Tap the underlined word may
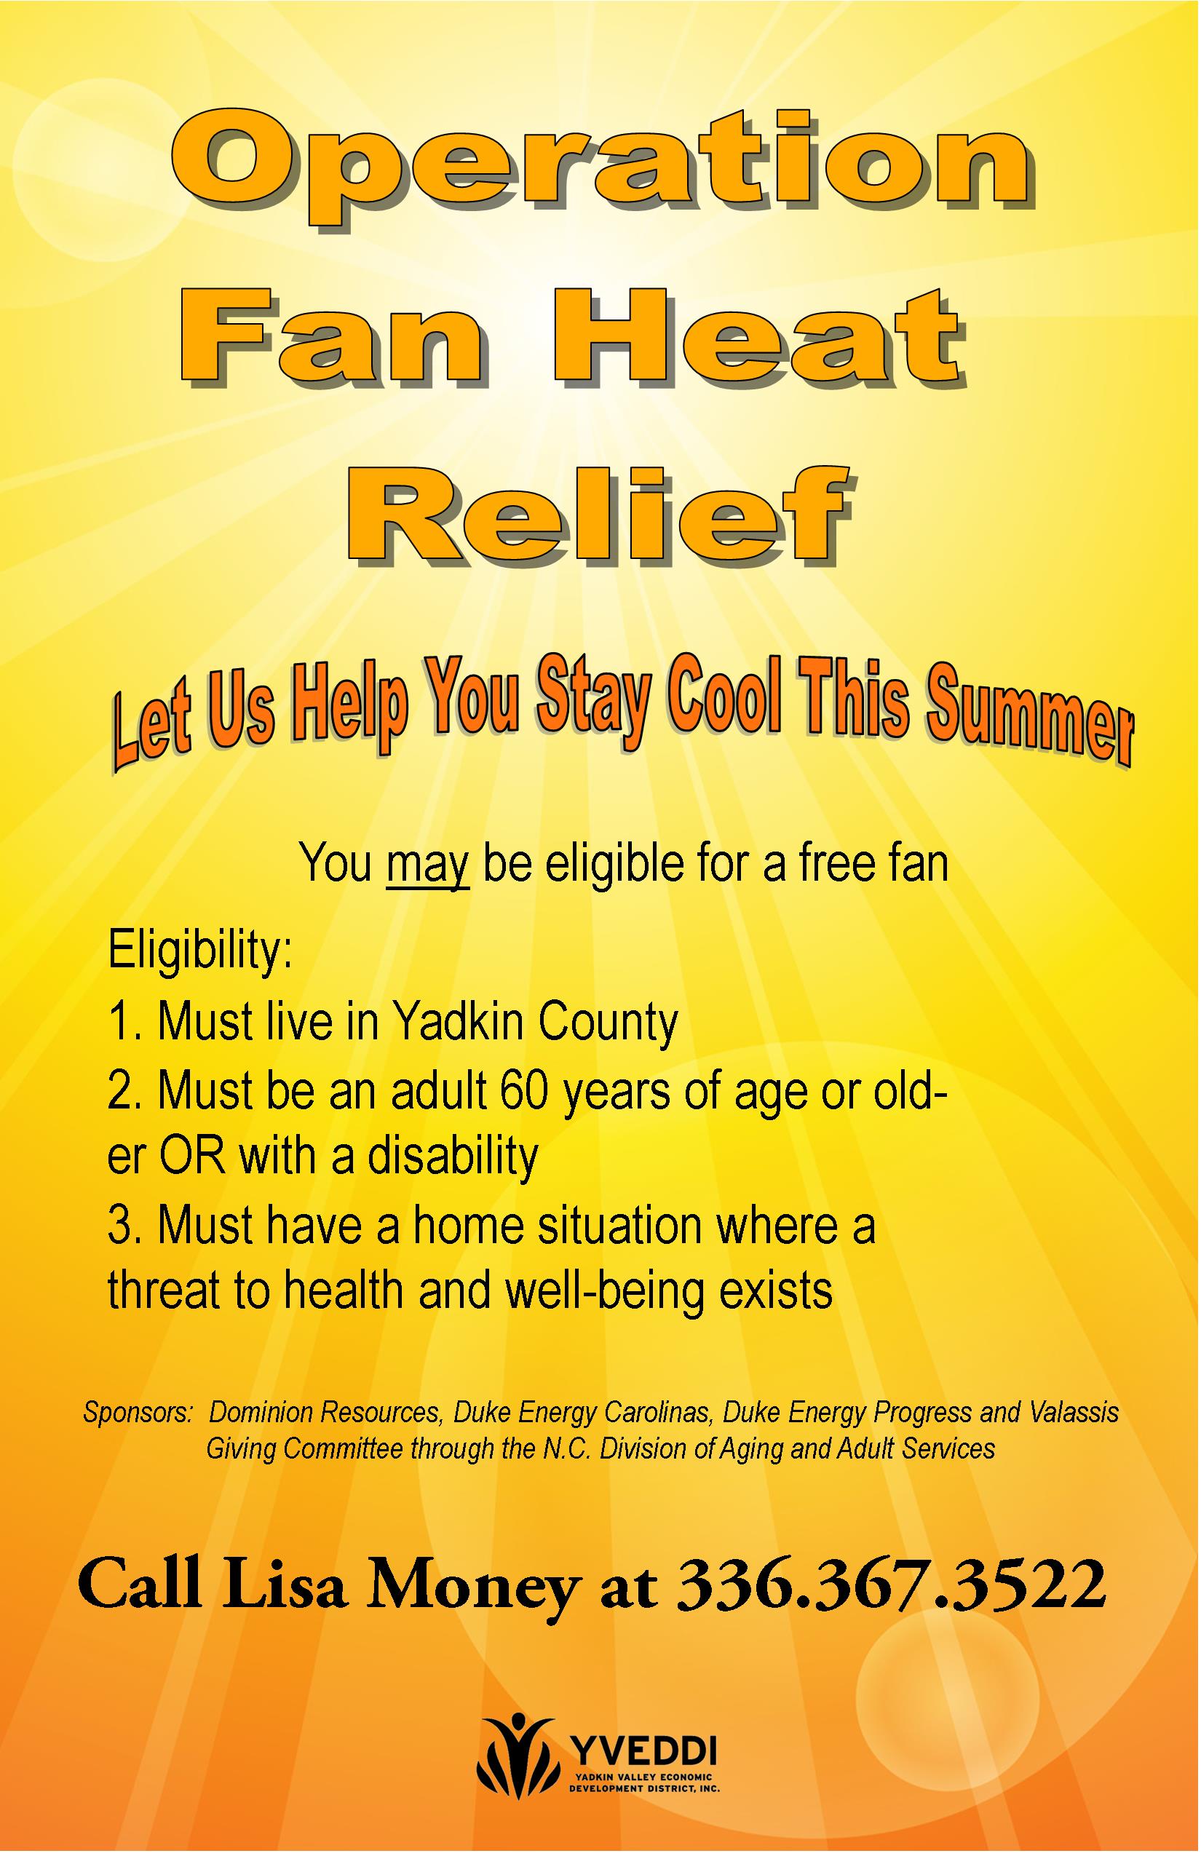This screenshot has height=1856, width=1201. [x=427, y=866]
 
